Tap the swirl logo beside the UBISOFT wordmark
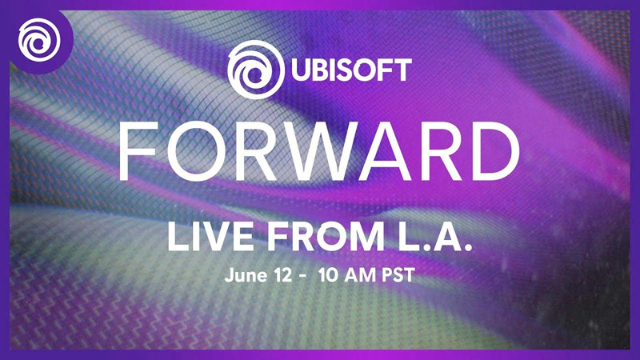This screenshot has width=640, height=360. click(x=254, y=68)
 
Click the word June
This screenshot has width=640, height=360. click(x=242, y=278)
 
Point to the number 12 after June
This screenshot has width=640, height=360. click(x=280, y=278)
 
